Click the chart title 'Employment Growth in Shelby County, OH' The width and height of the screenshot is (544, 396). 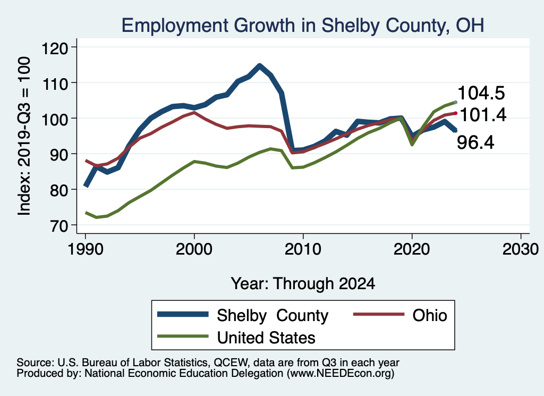303,26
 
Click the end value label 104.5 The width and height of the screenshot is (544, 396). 481,93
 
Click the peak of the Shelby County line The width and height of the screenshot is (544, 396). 259,66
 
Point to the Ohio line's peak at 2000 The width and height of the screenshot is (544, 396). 194,113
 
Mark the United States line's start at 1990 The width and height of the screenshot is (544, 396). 86,213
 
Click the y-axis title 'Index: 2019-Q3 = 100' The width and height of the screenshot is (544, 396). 24,137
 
